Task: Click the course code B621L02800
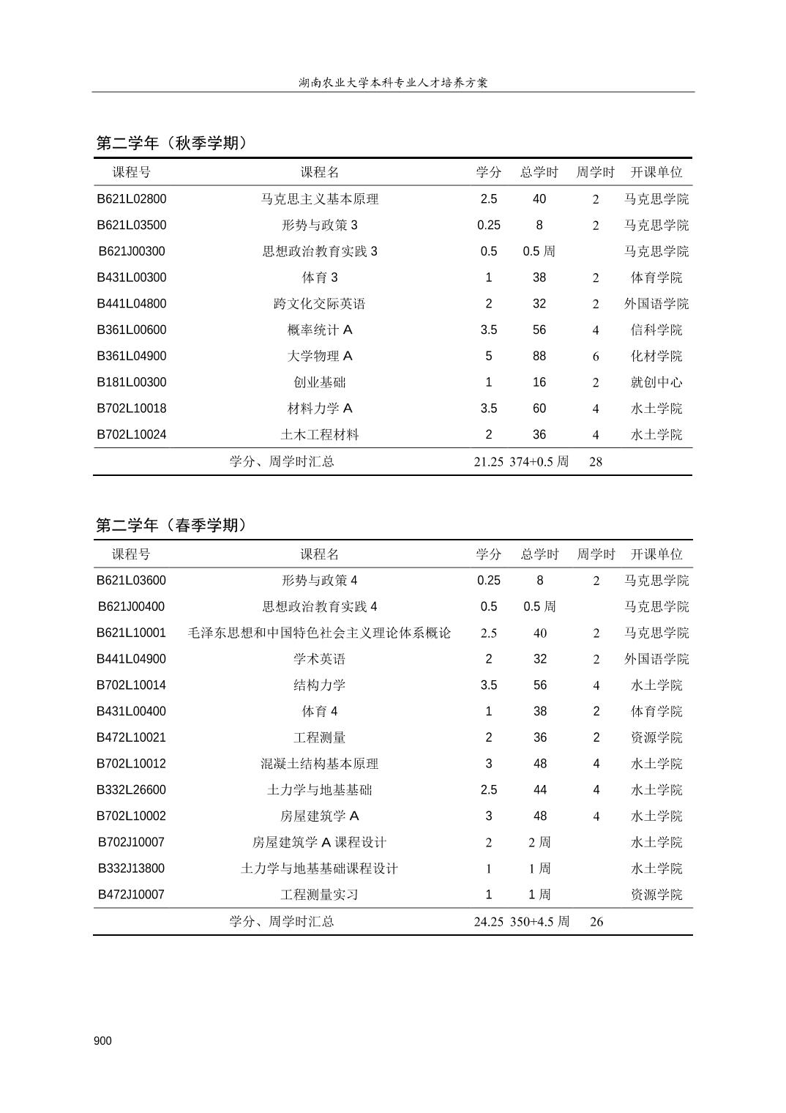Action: pos(132,199)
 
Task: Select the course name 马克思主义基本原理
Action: pos(320,199)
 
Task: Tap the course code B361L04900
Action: pos(132,357)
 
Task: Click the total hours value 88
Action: pos(539,357)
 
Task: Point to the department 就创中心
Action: pos(656,383)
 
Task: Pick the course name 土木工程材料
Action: pos(320,435)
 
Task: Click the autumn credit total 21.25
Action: pos(488,462)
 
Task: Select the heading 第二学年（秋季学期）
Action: pos(172,144)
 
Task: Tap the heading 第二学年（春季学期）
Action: pos(172,526)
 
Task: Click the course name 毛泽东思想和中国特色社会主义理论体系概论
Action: pos(320,633)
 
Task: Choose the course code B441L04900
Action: pos(132,660)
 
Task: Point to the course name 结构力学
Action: pos(320,686)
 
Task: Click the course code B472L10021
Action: pos(132,738)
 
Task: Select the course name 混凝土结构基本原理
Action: pos(320,764)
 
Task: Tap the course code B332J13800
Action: pos(132,869)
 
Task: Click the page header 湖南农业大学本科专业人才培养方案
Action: pos(393,83)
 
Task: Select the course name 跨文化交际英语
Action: pos(320,305)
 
